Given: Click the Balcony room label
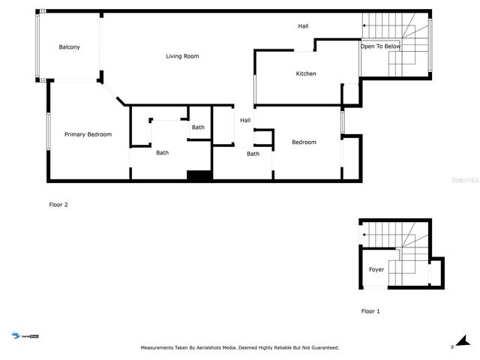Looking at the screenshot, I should coord(70,47).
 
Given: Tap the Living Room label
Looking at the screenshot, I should coord(181,56).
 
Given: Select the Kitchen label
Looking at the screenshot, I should coord(306,73).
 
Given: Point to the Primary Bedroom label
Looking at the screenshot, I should coord(88,134).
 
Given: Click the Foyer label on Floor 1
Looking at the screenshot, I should coord(376,269).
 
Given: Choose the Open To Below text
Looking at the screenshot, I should coord(380,46).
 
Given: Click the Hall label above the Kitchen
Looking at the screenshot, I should coord(303,26).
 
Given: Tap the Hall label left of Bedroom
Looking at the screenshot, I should coord(245,120).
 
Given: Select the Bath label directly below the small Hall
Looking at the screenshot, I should coord(253,154).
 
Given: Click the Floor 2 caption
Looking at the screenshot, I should coord(58,204).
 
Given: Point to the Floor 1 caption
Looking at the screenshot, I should coord(370,310).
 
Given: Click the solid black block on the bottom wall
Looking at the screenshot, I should coord(199,175).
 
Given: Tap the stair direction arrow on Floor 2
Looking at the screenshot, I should coord(364,26).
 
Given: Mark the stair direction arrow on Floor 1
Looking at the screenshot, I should coord(364,235).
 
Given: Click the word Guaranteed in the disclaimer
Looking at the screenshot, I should coord(320,348).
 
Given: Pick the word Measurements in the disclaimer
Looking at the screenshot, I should coord(161,348).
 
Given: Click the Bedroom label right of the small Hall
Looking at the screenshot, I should coord(304,142).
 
